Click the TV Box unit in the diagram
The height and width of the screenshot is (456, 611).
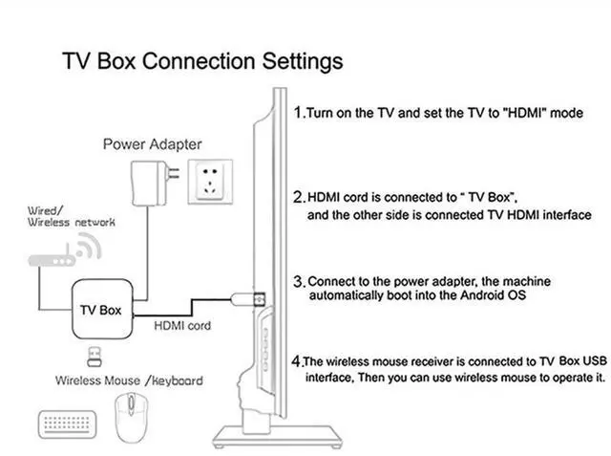tap(102, 309)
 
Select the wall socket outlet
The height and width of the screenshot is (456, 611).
tap(210, 182)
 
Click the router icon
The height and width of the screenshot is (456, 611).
tap(52, 259)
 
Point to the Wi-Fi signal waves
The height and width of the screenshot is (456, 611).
tap(90, 246)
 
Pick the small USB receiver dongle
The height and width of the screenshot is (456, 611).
tap(95, 357)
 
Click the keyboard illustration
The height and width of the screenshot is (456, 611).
tap(67, 423)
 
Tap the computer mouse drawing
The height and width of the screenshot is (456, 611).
tap(132, 417)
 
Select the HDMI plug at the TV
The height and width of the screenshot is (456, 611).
tap(248, 299)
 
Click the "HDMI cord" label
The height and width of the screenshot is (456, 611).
tap(182, 325)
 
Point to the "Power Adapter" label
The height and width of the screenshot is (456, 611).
tap(153, 144)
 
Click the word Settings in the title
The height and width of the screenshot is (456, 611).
tap(303, 61)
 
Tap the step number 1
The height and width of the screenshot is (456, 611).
tap(299, 113)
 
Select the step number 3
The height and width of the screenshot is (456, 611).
tap(299, 282)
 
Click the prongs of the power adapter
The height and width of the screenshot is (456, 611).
tap(174, 173)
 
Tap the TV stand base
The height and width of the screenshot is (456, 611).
tap(278, 436)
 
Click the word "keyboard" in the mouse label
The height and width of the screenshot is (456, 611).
tap(178, 380)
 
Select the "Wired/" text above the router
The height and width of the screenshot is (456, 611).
tap(45, 210)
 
